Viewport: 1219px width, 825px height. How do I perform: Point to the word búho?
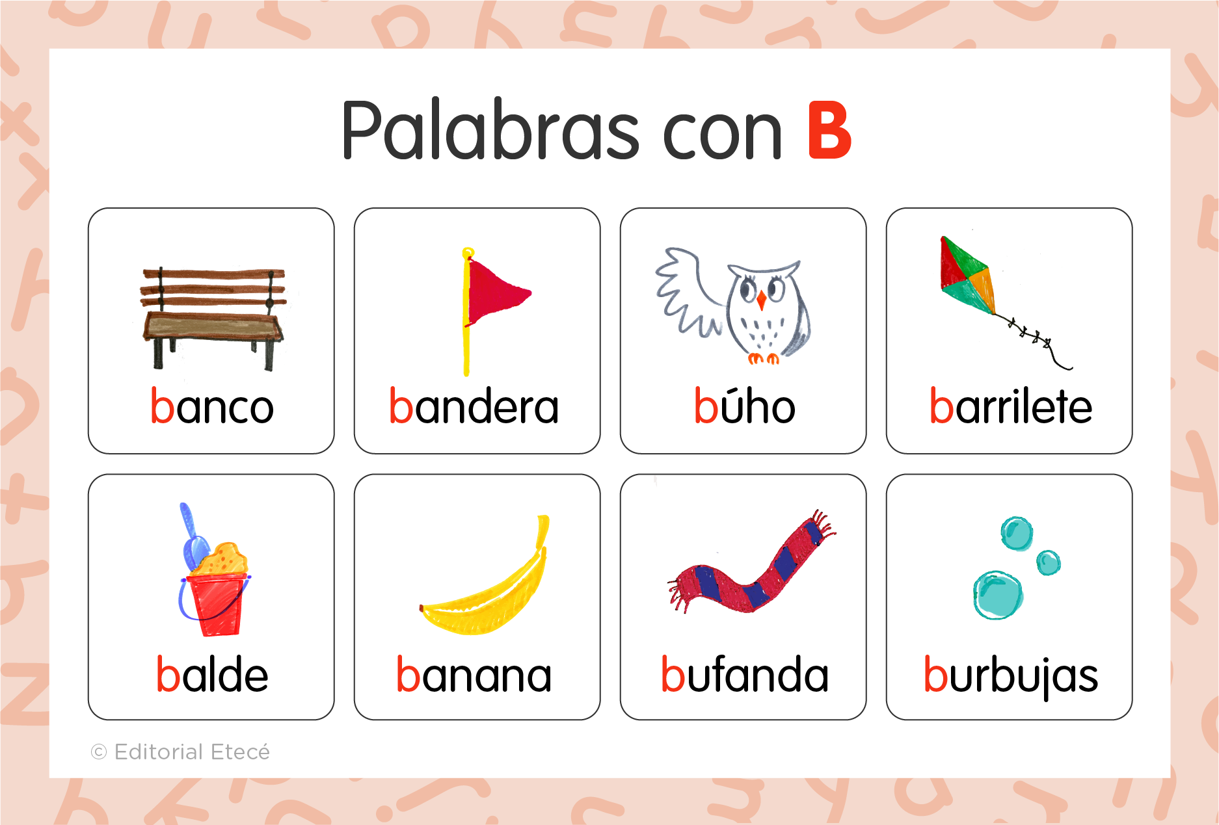pyautogui.click(x=744, y=406)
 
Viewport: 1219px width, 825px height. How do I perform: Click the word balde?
pyautogui.click(x=212, y=674)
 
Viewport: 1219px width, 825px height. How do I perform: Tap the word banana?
pyautogui.click(x=474, y=675)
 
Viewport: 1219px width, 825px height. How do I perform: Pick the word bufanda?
pyautogui.click(x=744, y=674)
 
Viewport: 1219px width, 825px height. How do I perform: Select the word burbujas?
pyautogui.click(x=1010, y=675)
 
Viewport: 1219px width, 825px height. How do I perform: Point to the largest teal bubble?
pyautogui.click(x=997, y=594)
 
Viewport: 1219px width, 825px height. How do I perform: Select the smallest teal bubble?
pyautogui.click(x=1048, y=562)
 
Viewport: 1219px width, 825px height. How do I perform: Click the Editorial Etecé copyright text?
pyautogui.click(x=181, y=752)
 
